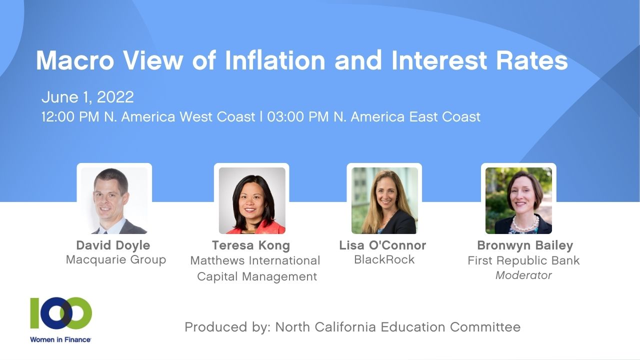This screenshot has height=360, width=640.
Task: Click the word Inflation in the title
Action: (275, 60)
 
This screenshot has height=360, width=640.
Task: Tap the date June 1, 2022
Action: (87, 97)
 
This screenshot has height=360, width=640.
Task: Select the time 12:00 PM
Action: (70, 117)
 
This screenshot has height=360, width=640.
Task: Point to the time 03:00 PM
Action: (297, 117)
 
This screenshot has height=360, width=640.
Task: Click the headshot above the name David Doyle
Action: (114, 200)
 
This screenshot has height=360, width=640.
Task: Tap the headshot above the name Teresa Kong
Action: (252, 200)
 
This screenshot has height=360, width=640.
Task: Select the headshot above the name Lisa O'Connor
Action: (384, 200)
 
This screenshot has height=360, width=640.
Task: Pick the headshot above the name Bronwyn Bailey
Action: (518, 200)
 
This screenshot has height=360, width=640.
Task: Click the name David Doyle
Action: (113, 245)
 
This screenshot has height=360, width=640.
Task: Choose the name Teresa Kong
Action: (251, 245)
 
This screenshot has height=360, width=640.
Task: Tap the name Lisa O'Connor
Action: (382, 245)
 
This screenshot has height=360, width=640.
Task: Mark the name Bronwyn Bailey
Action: (525, 245)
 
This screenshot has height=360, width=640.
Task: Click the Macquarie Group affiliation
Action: (116, 260)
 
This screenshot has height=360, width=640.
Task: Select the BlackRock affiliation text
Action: (384, 259)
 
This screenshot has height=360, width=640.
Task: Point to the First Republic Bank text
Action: (523, 260)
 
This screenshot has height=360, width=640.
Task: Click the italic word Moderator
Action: (523, 275)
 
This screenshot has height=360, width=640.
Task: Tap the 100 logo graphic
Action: (61, 313)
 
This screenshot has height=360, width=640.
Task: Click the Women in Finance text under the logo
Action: (60, 339)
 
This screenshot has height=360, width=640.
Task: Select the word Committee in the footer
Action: (485, 327)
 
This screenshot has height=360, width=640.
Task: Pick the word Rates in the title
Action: (532, 60)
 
